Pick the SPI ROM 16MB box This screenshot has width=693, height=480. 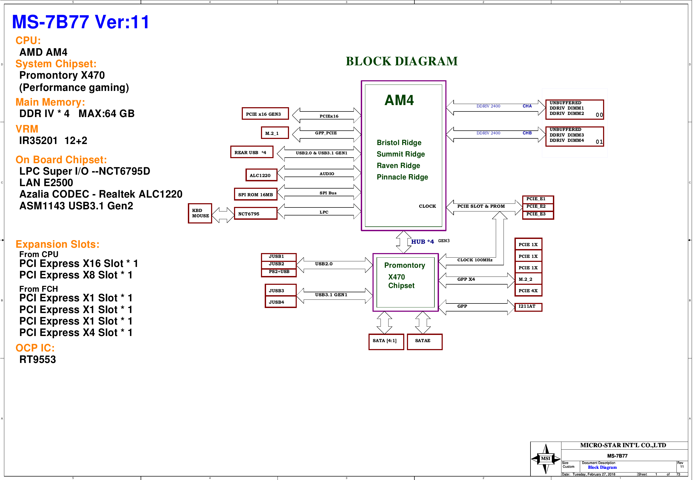255,194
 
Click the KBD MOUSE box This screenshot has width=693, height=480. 200,213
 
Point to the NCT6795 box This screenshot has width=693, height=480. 255,214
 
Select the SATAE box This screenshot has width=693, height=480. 425,342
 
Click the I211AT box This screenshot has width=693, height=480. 528,307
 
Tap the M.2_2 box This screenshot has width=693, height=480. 528,279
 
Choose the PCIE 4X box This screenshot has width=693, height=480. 528,290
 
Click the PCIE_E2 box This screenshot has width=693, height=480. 538,207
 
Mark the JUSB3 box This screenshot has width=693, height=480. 280,290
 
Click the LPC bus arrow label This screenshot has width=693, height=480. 324,212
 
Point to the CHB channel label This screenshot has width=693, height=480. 527,133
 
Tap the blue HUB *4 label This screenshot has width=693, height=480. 422,242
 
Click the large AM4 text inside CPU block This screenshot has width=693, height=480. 399,100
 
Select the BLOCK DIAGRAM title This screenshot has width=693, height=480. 401,61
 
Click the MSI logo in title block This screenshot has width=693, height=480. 545,459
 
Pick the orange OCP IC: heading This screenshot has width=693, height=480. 35,348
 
